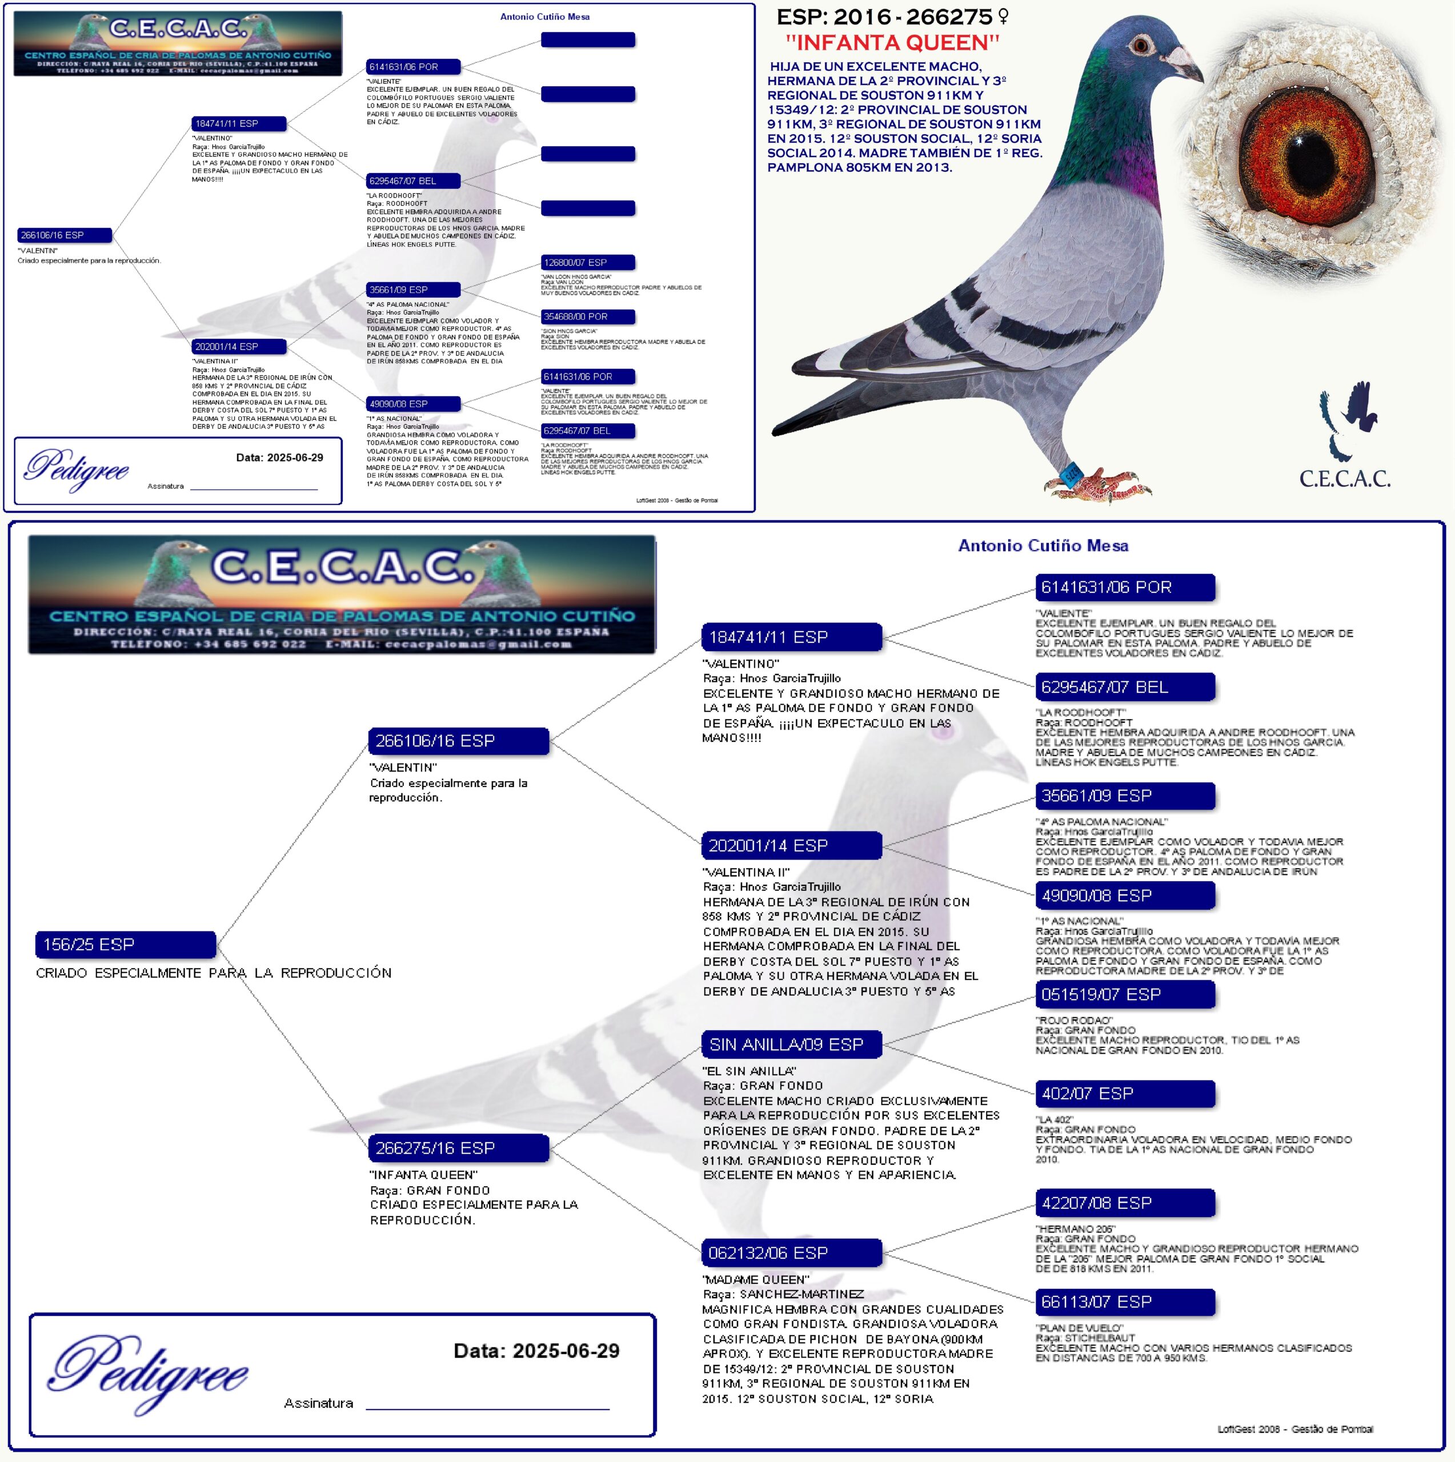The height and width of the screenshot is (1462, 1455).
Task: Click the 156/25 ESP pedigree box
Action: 125,945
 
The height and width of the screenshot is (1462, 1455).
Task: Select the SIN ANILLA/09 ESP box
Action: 791,1045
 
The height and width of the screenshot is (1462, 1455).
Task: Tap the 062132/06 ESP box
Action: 791,1253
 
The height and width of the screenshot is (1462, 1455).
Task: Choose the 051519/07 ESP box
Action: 1125,994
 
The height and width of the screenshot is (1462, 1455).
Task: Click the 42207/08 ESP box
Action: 1125,1203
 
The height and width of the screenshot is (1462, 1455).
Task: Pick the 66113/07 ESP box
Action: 1125,1302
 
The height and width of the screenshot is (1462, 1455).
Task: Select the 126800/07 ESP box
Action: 587,263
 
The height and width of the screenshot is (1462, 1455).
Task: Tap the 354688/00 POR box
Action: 587,316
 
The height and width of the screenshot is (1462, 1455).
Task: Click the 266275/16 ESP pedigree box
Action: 458,1148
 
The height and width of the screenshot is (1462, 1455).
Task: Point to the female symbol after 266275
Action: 1004,16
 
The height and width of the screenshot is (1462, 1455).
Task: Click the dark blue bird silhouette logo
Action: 1348,420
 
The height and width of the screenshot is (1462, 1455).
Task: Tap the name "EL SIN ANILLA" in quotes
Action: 749,1071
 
